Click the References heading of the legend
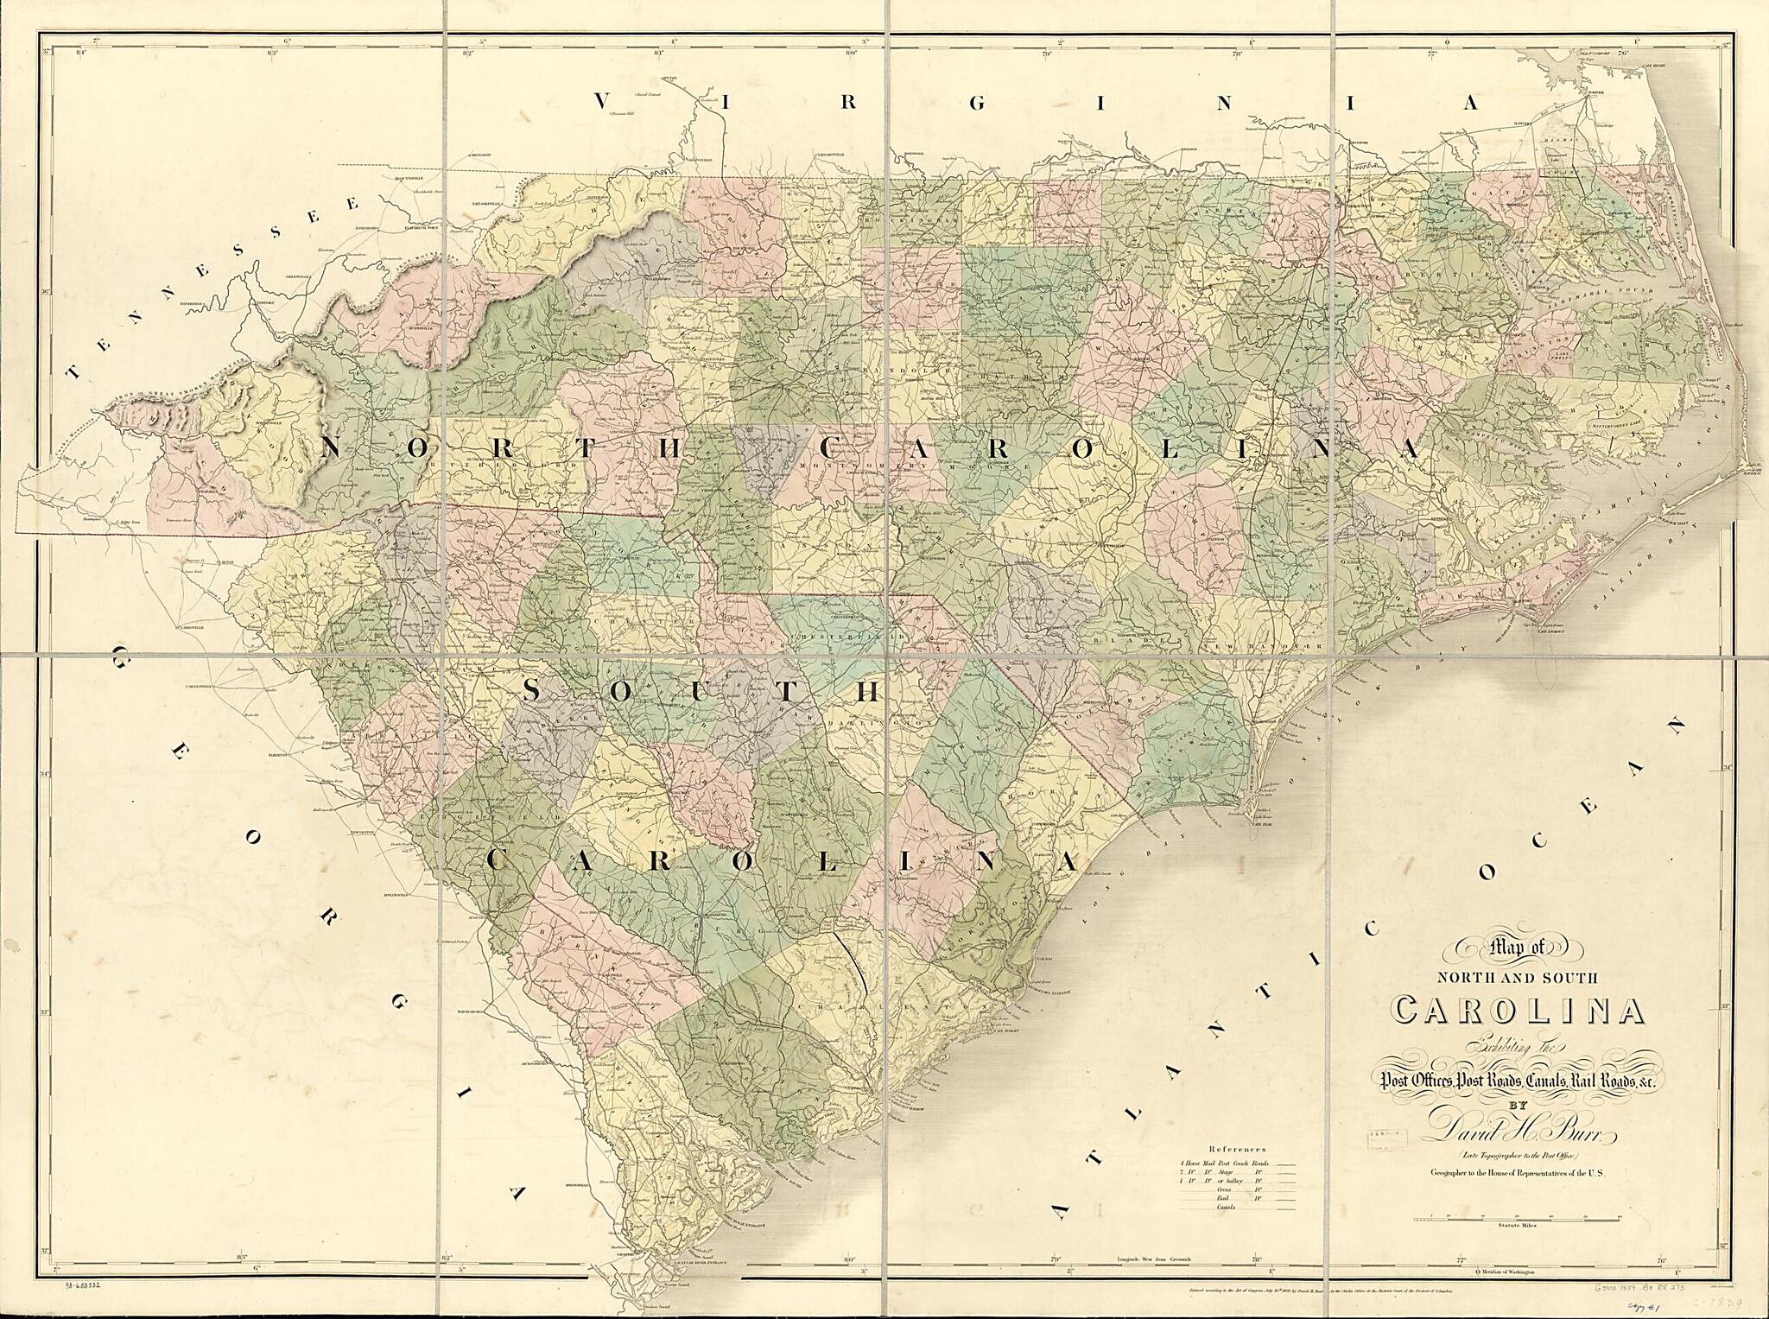(1236, 1150)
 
